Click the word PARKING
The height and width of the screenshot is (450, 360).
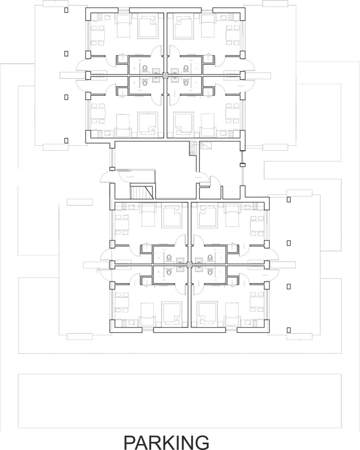click(x=167, y=442)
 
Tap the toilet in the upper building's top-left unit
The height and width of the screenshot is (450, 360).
click(x=145, y=68)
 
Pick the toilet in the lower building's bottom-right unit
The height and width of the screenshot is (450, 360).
click(x=210, y=272)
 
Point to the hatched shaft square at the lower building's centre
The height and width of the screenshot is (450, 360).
click(x=190, y=265)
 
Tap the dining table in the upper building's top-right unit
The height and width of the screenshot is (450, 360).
click(x=233, y=35)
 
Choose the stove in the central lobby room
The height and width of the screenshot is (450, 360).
click(x=192, y=148)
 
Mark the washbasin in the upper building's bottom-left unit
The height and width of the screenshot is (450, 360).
click(x=156, y=80)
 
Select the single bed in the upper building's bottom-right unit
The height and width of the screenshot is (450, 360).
click(x=207, y=125)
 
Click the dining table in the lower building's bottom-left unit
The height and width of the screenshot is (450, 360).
click(x=122, y=302)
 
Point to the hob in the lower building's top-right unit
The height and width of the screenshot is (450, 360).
click(x=255, y=206)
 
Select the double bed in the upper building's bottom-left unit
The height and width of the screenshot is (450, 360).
click(x=148, y=123)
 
